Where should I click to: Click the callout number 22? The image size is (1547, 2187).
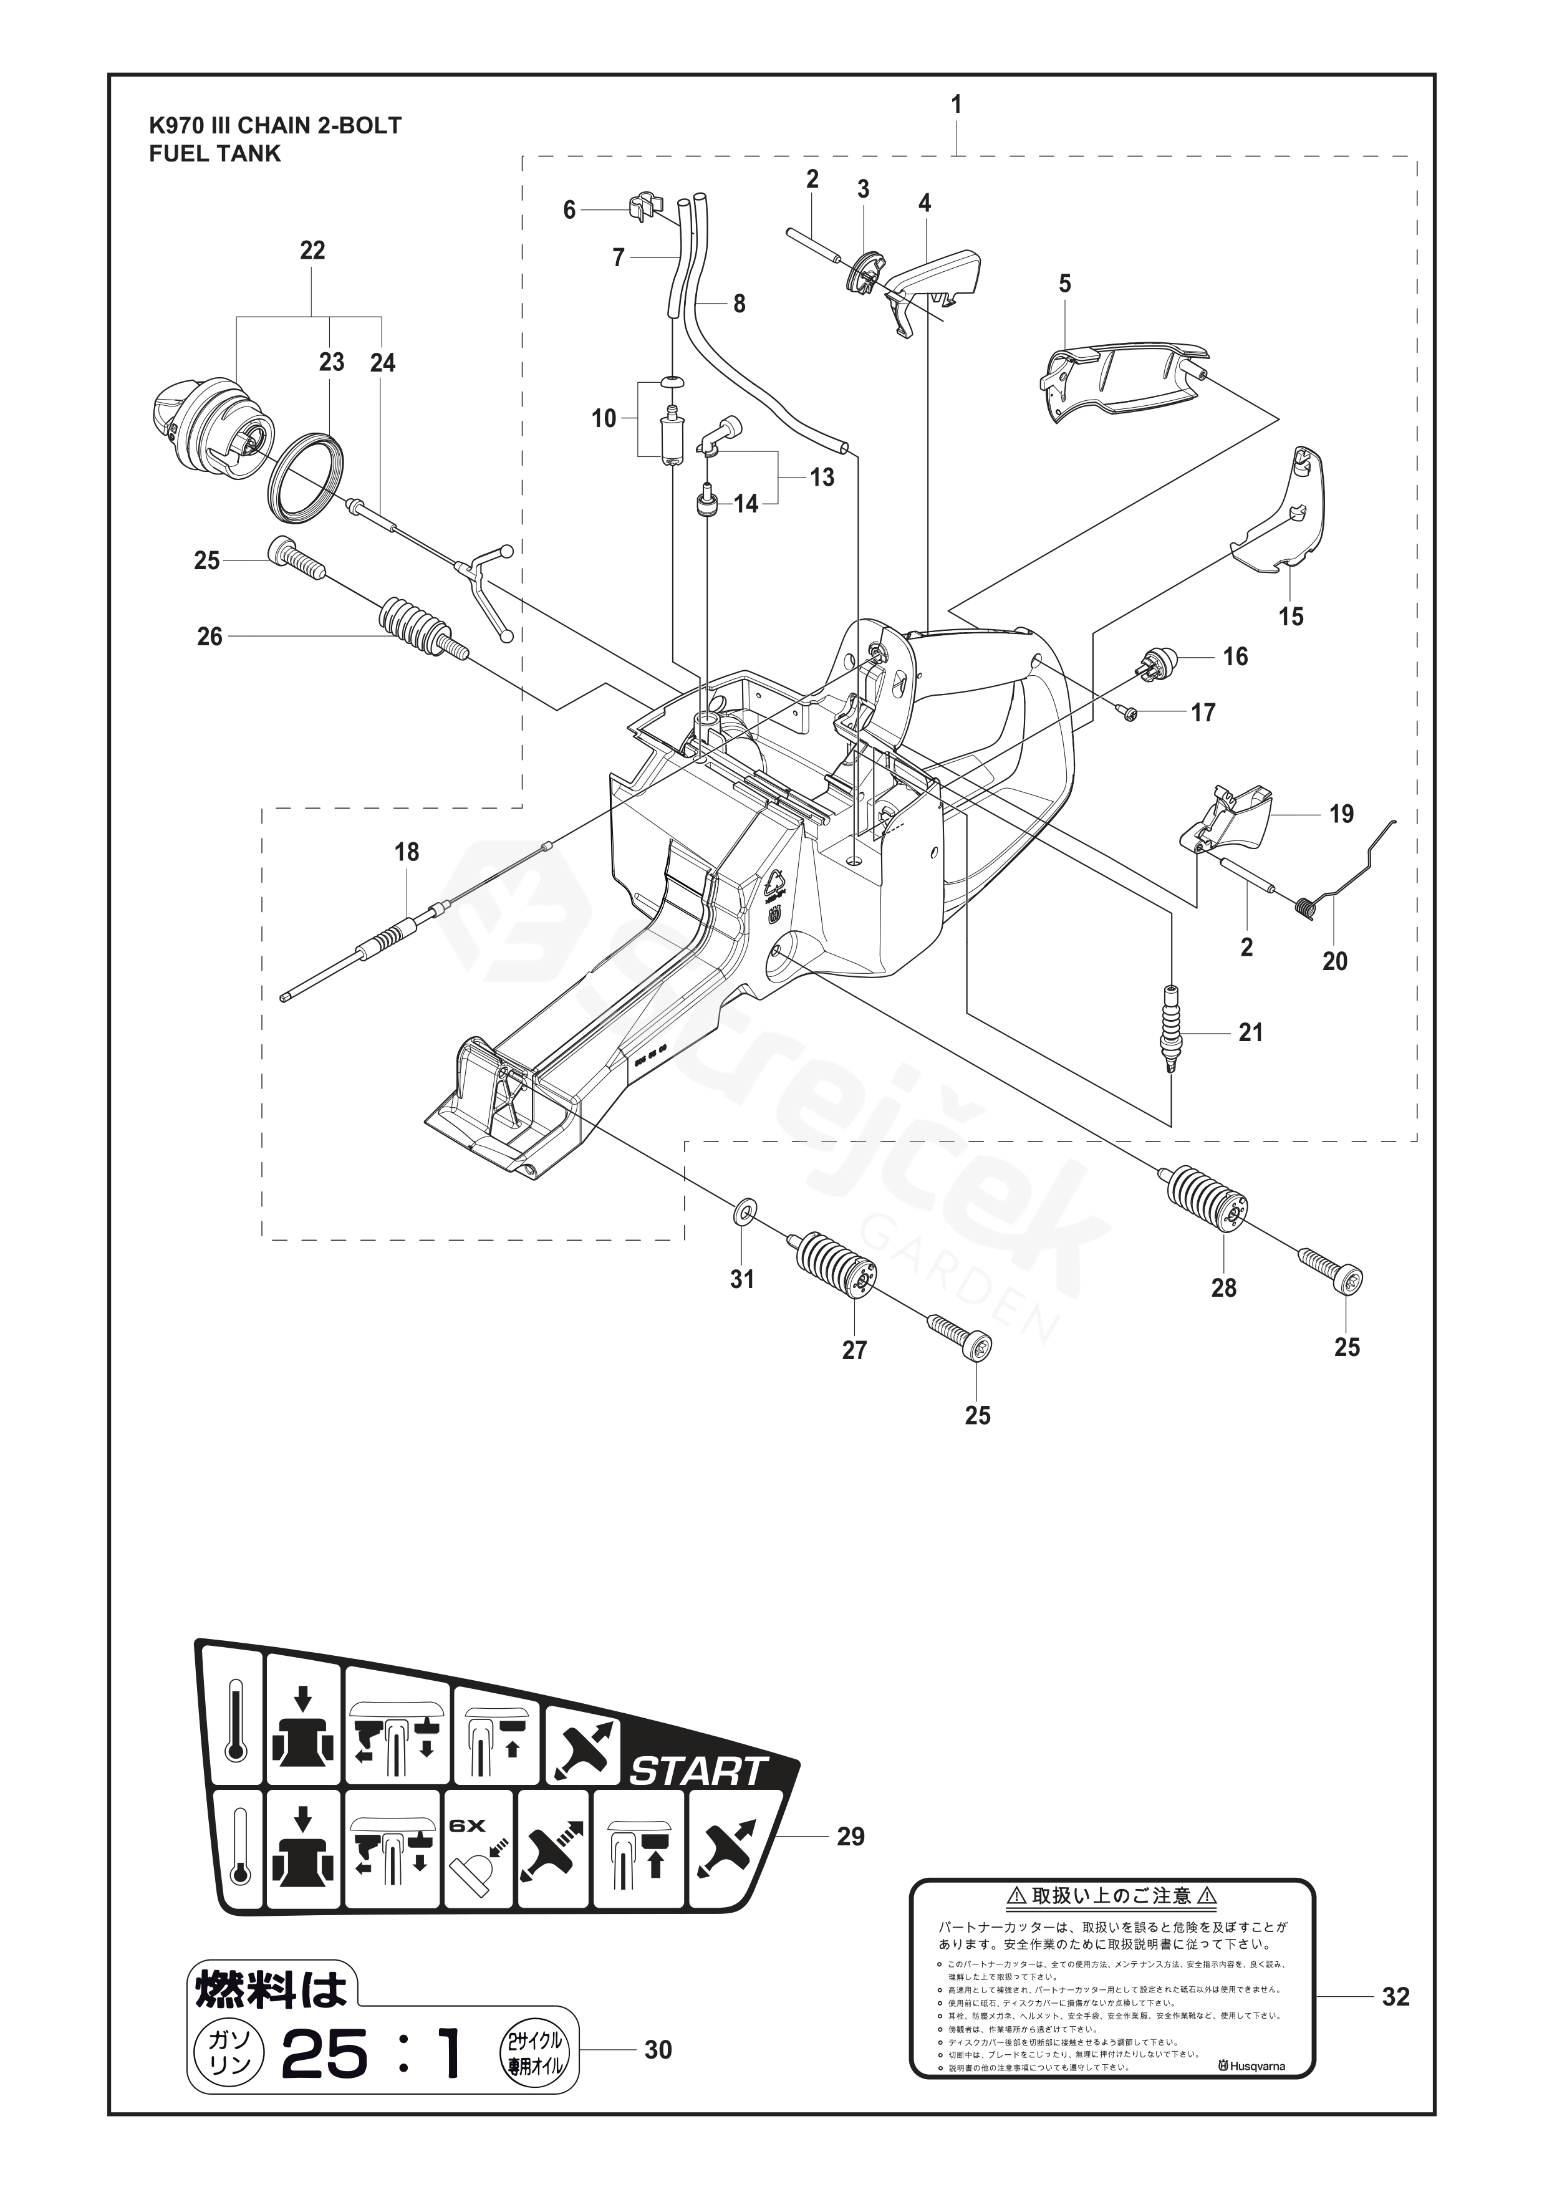[312, 251]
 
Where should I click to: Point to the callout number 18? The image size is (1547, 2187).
[407, 852]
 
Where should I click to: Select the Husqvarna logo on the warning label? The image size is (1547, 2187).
[1249, 2059]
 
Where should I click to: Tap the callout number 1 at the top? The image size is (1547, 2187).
[955, 104]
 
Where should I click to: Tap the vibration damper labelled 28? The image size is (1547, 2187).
[1204, 1198]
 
